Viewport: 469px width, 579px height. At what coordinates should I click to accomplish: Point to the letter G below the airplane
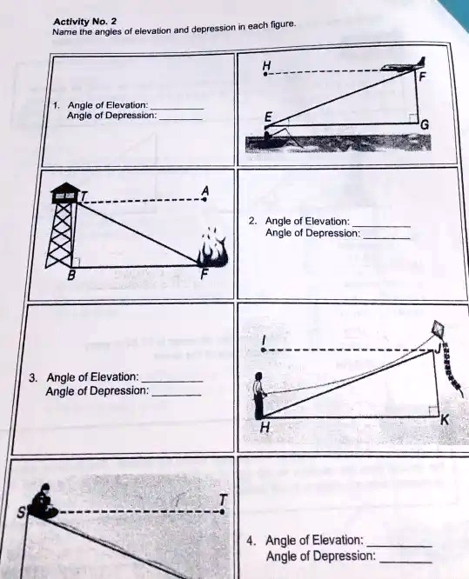[424, 124]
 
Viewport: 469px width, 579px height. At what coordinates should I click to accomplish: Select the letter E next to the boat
[268, 117]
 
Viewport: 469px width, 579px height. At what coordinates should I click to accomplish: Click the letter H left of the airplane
[266, 66]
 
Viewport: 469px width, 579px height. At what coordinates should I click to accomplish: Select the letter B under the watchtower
[73, 277]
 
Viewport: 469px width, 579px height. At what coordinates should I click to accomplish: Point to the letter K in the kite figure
[446, 420]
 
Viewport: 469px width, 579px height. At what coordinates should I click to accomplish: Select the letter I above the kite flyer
[264, 337]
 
